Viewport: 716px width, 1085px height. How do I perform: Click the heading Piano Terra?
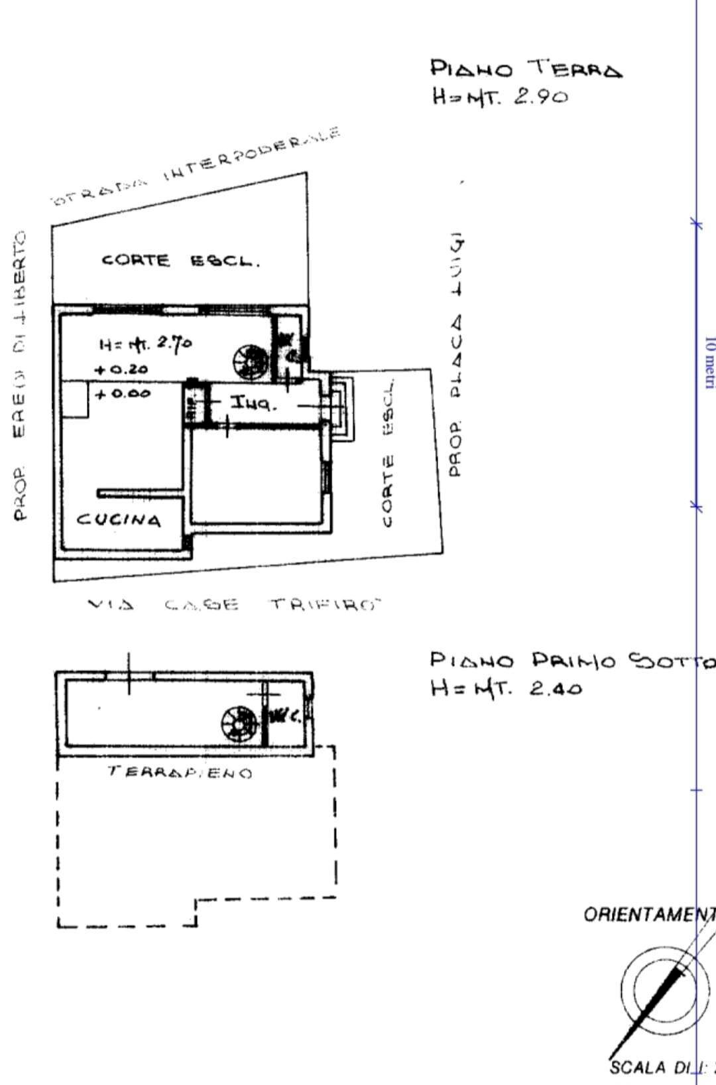(x=526, y=68)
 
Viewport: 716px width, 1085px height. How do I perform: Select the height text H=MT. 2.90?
(x=501, y=97)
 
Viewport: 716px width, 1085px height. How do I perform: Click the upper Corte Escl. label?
(x=180, y=261)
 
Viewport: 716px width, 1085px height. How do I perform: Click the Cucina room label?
(x=119, y=519)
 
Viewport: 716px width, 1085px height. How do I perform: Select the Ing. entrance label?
(x=253, y=403)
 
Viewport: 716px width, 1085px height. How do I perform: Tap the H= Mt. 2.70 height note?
(x=145, y=344)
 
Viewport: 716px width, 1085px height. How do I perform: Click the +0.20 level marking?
(x=121, y=369)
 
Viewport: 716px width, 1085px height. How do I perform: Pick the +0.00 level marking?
(x=123, y=394)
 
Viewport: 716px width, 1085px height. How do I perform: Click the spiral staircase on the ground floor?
(x=251, y=360)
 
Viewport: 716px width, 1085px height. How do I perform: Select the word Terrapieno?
(x=180, y=773)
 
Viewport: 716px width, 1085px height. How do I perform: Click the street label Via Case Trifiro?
(x=235, y=605)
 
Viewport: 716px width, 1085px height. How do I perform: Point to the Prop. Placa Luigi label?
(x=455, y=355)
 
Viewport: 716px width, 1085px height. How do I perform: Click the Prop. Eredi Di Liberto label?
(x=20, y=375)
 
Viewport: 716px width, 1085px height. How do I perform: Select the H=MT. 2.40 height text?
(x=507, y=688)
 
